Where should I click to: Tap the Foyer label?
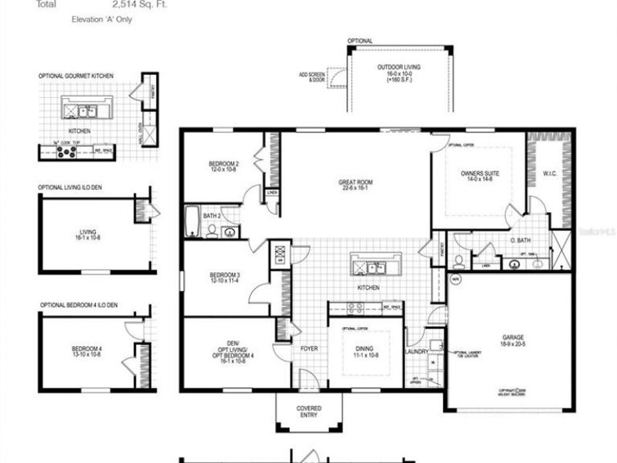(309, 348)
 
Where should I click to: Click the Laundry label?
(417, 352)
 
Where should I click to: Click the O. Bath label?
(519, 239)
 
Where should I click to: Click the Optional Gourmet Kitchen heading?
(76, 75)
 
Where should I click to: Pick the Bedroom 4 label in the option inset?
(86, 352)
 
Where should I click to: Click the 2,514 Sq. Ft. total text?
(140, 4)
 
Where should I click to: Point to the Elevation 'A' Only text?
(102, 20)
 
